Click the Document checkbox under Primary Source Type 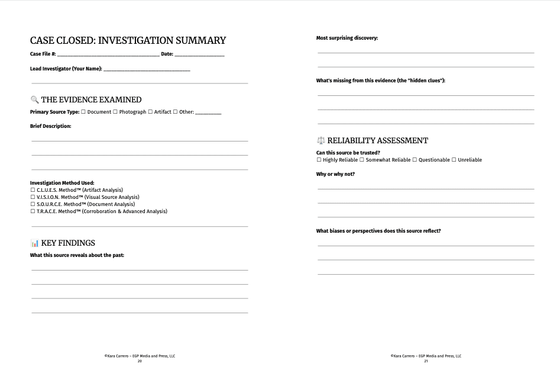tap(83, 112)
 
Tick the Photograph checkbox tap(115, 112)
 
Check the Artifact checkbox tap(150, 112)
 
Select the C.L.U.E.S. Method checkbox tap(33, 190)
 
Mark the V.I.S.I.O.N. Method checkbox tap(33, 197)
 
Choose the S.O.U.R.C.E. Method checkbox tap(33, 204)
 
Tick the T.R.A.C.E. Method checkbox tap(33, 211)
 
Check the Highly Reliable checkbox tap(319, 160)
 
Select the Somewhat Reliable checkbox tap(362, 160)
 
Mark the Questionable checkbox tap(415, 160)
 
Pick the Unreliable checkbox tap(454, 160)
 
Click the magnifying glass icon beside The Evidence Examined tap(34, 99)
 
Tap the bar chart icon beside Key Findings tap(34, 243)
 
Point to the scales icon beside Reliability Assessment tap(321, 140)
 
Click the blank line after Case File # tap(108, 55)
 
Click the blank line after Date tap(199, 55)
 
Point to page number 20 tap(140, 361)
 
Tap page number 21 tap(426, 361)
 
